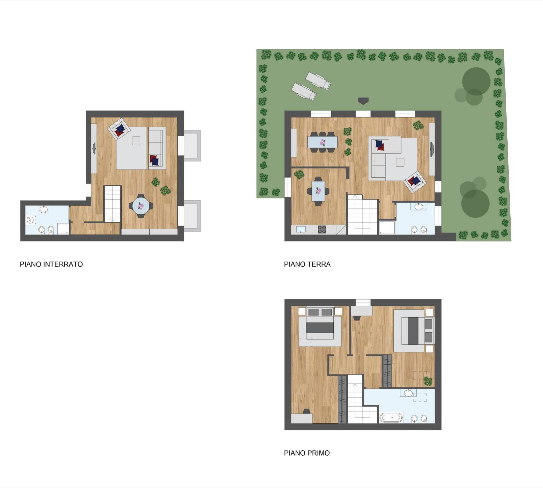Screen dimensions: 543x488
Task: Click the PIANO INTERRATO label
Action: click(51, 264)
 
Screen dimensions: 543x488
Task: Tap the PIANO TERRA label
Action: click(307, 264)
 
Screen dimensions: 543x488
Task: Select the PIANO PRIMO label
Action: click(307, 453)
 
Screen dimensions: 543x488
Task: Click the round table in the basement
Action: click(141, 206)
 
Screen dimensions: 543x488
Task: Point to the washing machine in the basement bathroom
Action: click(30, 220)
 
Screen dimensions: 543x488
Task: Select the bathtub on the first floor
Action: click(391, 418)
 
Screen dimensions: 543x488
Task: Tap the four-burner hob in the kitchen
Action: click(322, 230)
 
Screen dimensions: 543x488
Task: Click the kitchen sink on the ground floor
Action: click(301, 230)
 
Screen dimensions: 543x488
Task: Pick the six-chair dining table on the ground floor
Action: click(322, 142)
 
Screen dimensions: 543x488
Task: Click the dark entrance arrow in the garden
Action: click(363, 101)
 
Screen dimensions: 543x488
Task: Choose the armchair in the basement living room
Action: click(119, 129)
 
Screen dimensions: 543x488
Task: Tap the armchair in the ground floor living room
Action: click(415, 182)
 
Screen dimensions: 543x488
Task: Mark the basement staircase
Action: click(112, 204)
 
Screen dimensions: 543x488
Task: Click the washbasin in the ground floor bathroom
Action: click(419, 206)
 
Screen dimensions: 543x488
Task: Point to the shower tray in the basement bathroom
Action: click(63, 229)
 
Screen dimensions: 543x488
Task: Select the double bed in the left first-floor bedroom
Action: click(320, 323)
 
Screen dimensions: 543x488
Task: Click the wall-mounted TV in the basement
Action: click(94, 148)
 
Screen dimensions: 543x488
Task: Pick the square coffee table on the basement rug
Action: click(136, 141)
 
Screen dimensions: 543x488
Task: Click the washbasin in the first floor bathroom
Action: click(408, 393)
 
